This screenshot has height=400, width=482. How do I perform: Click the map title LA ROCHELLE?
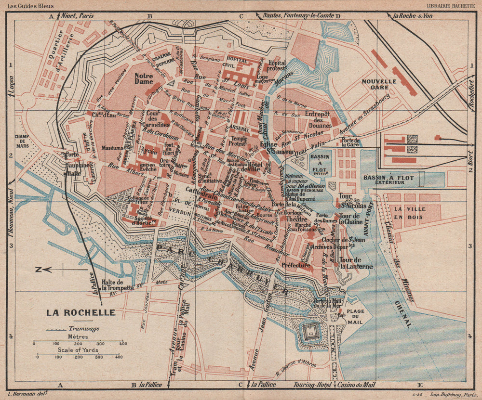80,312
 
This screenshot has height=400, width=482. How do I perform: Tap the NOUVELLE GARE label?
379,85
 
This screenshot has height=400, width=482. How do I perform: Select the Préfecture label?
296,265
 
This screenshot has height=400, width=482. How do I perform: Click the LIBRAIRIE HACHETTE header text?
452,6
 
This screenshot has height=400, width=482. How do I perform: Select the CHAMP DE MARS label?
22,140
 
